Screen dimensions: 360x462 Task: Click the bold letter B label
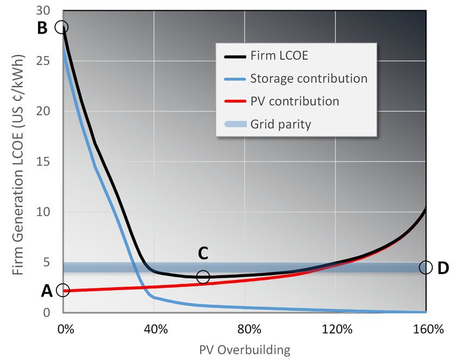(x=42, y=28)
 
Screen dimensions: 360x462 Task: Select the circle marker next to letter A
(x=63, y=290)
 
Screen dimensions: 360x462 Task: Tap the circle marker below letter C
(x=203, y=276)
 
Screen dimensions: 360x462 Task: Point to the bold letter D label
(x=444, y=268)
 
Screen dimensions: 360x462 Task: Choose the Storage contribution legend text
(x=308, y=78)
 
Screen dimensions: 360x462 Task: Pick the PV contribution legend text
(x=294, y=101)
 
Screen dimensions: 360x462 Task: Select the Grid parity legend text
(x=280, y=124)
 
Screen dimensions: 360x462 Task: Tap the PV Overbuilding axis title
(x=245, y=349)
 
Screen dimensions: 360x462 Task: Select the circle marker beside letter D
(x=426, y=267)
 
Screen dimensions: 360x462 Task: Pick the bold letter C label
(x=203, y=254)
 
